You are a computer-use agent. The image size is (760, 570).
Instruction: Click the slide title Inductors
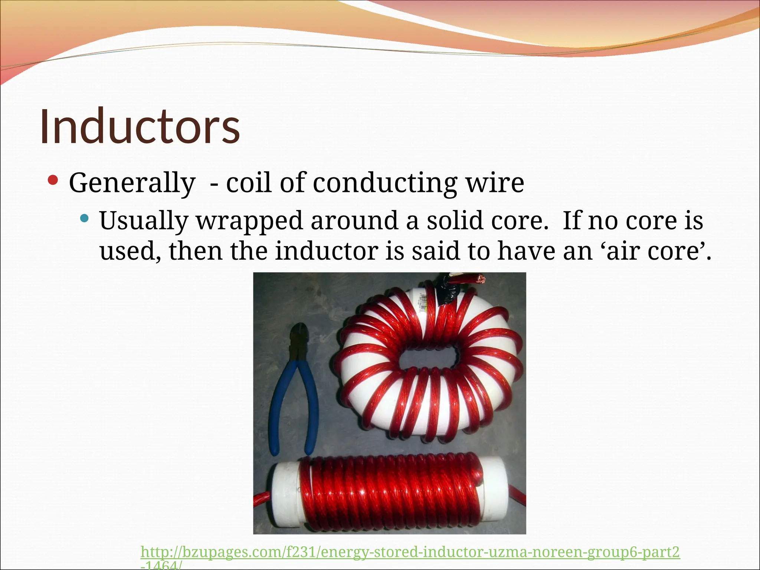pos(140,127)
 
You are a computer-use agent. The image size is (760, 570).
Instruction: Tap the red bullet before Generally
pos(53,181)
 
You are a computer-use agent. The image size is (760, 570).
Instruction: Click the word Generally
pos(132,183)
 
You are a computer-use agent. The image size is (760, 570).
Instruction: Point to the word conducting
pos(385,183)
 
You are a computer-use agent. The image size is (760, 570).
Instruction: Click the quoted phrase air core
pos(655,252)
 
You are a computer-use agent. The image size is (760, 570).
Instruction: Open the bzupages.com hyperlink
pos(410,552)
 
